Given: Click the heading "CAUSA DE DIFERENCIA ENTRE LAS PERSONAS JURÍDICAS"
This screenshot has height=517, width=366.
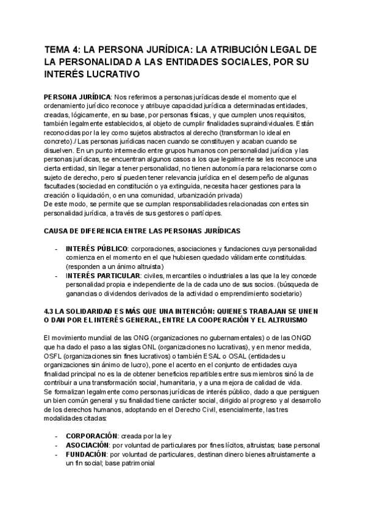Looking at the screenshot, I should point(143,232).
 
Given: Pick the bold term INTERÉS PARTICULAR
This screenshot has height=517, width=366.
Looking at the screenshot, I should point(103,276).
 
